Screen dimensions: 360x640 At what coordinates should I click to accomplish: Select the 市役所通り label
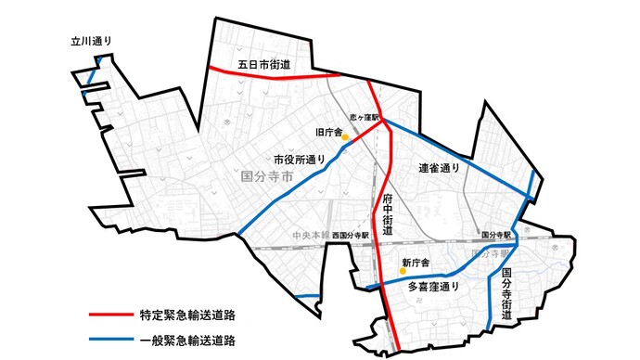pos(300,159)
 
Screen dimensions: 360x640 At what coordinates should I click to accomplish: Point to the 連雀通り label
pos(440,168)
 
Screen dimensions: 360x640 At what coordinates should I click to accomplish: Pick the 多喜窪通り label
pos(434,287)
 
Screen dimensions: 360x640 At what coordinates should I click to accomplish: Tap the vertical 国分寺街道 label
pos(506,295)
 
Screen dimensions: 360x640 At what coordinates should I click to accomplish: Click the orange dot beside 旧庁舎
pos(345,137)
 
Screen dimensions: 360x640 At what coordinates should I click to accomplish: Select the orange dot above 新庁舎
pos(403,251)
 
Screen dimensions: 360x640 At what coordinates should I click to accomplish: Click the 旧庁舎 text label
pos(329,132)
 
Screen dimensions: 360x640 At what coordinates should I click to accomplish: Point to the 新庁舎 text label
pos(416,263)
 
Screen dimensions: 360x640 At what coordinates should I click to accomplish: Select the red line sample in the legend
pos(120,314)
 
